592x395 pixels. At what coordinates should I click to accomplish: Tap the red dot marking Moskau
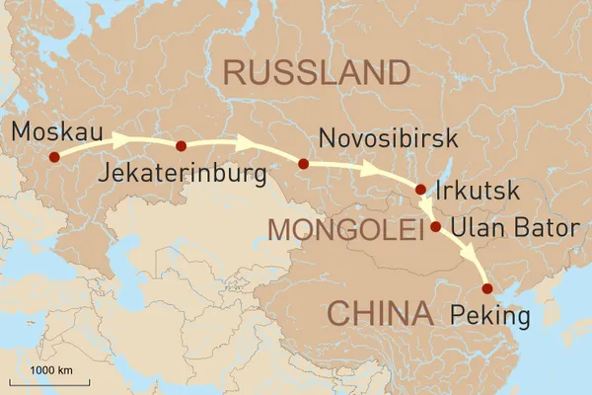[54, 156]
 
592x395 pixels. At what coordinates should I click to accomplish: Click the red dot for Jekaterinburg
[181, 146]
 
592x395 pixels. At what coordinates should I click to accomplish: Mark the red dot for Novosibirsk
[304, 164]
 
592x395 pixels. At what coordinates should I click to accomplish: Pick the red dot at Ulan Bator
[435, 226]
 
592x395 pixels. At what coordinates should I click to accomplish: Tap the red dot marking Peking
[486, 288]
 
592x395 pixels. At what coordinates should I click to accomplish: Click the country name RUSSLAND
[316, 72]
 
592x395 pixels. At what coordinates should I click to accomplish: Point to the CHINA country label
[380, 314]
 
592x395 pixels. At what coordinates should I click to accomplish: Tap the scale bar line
[49, 380]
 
